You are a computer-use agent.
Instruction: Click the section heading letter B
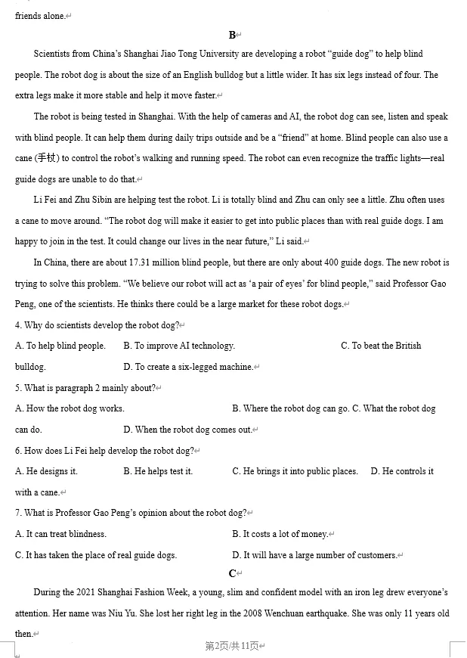(x=232, y=35)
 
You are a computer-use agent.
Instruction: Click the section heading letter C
(x=232, y=573)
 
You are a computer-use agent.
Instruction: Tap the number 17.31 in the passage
(x=142, y=262)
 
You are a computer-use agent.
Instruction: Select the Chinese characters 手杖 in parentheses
(x=46, y=158)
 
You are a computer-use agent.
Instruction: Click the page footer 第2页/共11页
(x=233, y=646)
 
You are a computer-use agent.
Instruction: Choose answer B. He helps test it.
(x=158, y=471)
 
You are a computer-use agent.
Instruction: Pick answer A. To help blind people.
(x=60, y=346)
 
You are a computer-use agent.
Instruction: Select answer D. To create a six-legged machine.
(x=188, y=367)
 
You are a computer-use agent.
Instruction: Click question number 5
(x=17, y=388)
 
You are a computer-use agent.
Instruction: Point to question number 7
(x=17, y=513)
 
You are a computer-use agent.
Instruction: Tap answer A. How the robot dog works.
(x=70, y=408)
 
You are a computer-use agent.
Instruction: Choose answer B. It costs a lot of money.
(x=280, y=534)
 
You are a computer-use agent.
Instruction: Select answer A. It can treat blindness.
(x=60, y=534)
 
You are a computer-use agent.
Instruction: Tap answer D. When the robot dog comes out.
(x=187, y=430)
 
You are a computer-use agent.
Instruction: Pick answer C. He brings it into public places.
(x=295, y=471)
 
